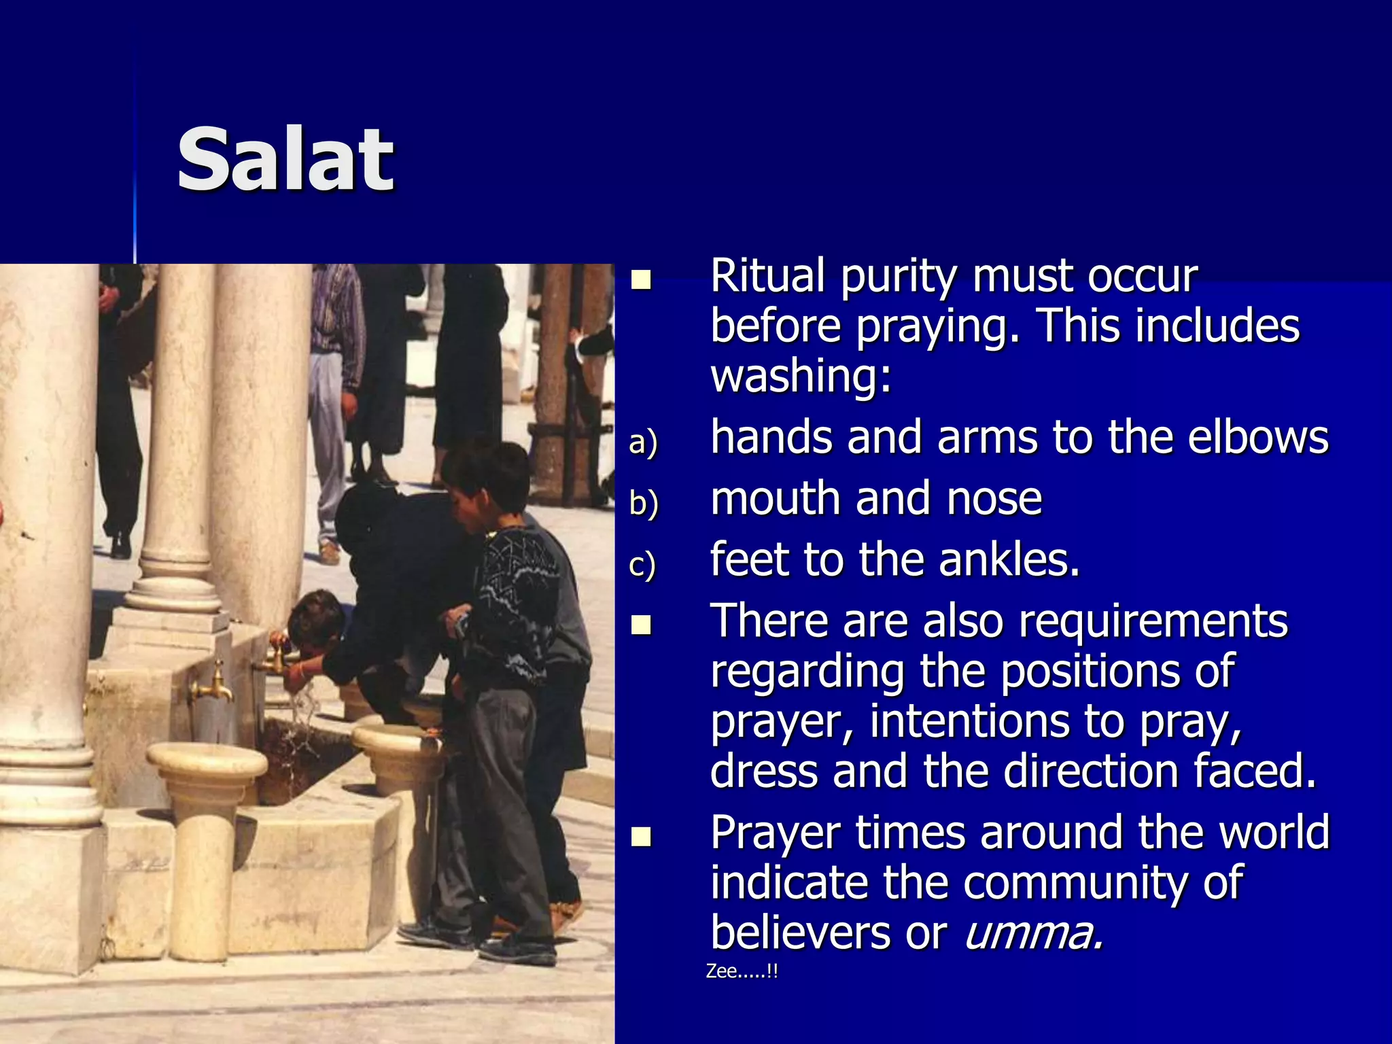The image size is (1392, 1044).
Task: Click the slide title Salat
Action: (285, 160)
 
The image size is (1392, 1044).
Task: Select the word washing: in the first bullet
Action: (801, 375)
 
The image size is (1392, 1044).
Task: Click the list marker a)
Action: (643, 442)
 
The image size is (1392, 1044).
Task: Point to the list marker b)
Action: (643, 504)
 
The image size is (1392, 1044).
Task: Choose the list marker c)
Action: (642, 565)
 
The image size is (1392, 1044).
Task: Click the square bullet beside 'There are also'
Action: (640, 625)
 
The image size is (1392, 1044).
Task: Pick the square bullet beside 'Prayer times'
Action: (640, 836)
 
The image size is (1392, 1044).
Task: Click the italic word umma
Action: (1033, 933)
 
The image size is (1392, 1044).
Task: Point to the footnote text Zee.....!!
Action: (741, 971)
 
